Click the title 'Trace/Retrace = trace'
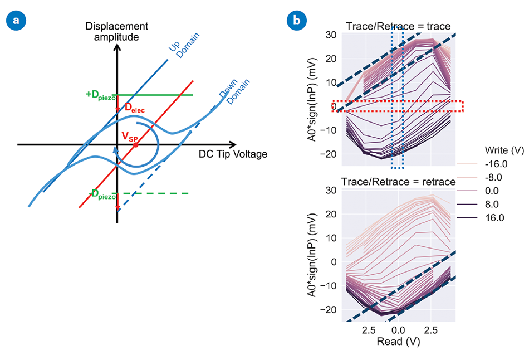click(398, 26)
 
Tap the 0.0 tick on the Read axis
click(398, 330)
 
